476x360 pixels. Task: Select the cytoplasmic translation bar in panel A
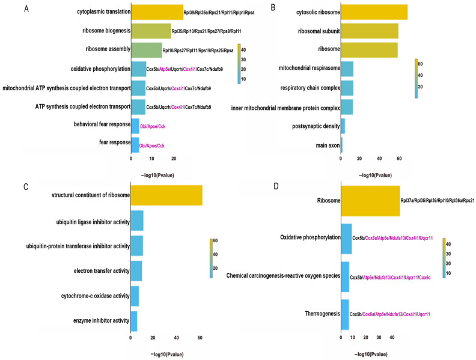pos(157,12)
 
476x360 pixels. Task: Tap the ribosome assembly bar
pos(146,50)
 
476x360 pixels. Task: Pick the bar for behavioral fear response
pos(135,126)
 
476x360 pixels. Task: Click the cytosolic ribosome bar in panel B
pos(374,12)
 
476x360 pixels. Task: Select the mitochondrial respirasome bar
pos(347,69)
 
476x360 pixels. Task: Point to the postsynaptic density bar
pos(343,126)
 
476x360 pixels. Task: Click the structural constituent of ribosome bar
pos(166,195)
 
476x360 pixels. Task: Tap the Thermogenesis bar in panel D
pos(345,313)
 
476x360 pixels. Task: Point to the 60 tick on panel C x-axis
pos(200,337)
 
